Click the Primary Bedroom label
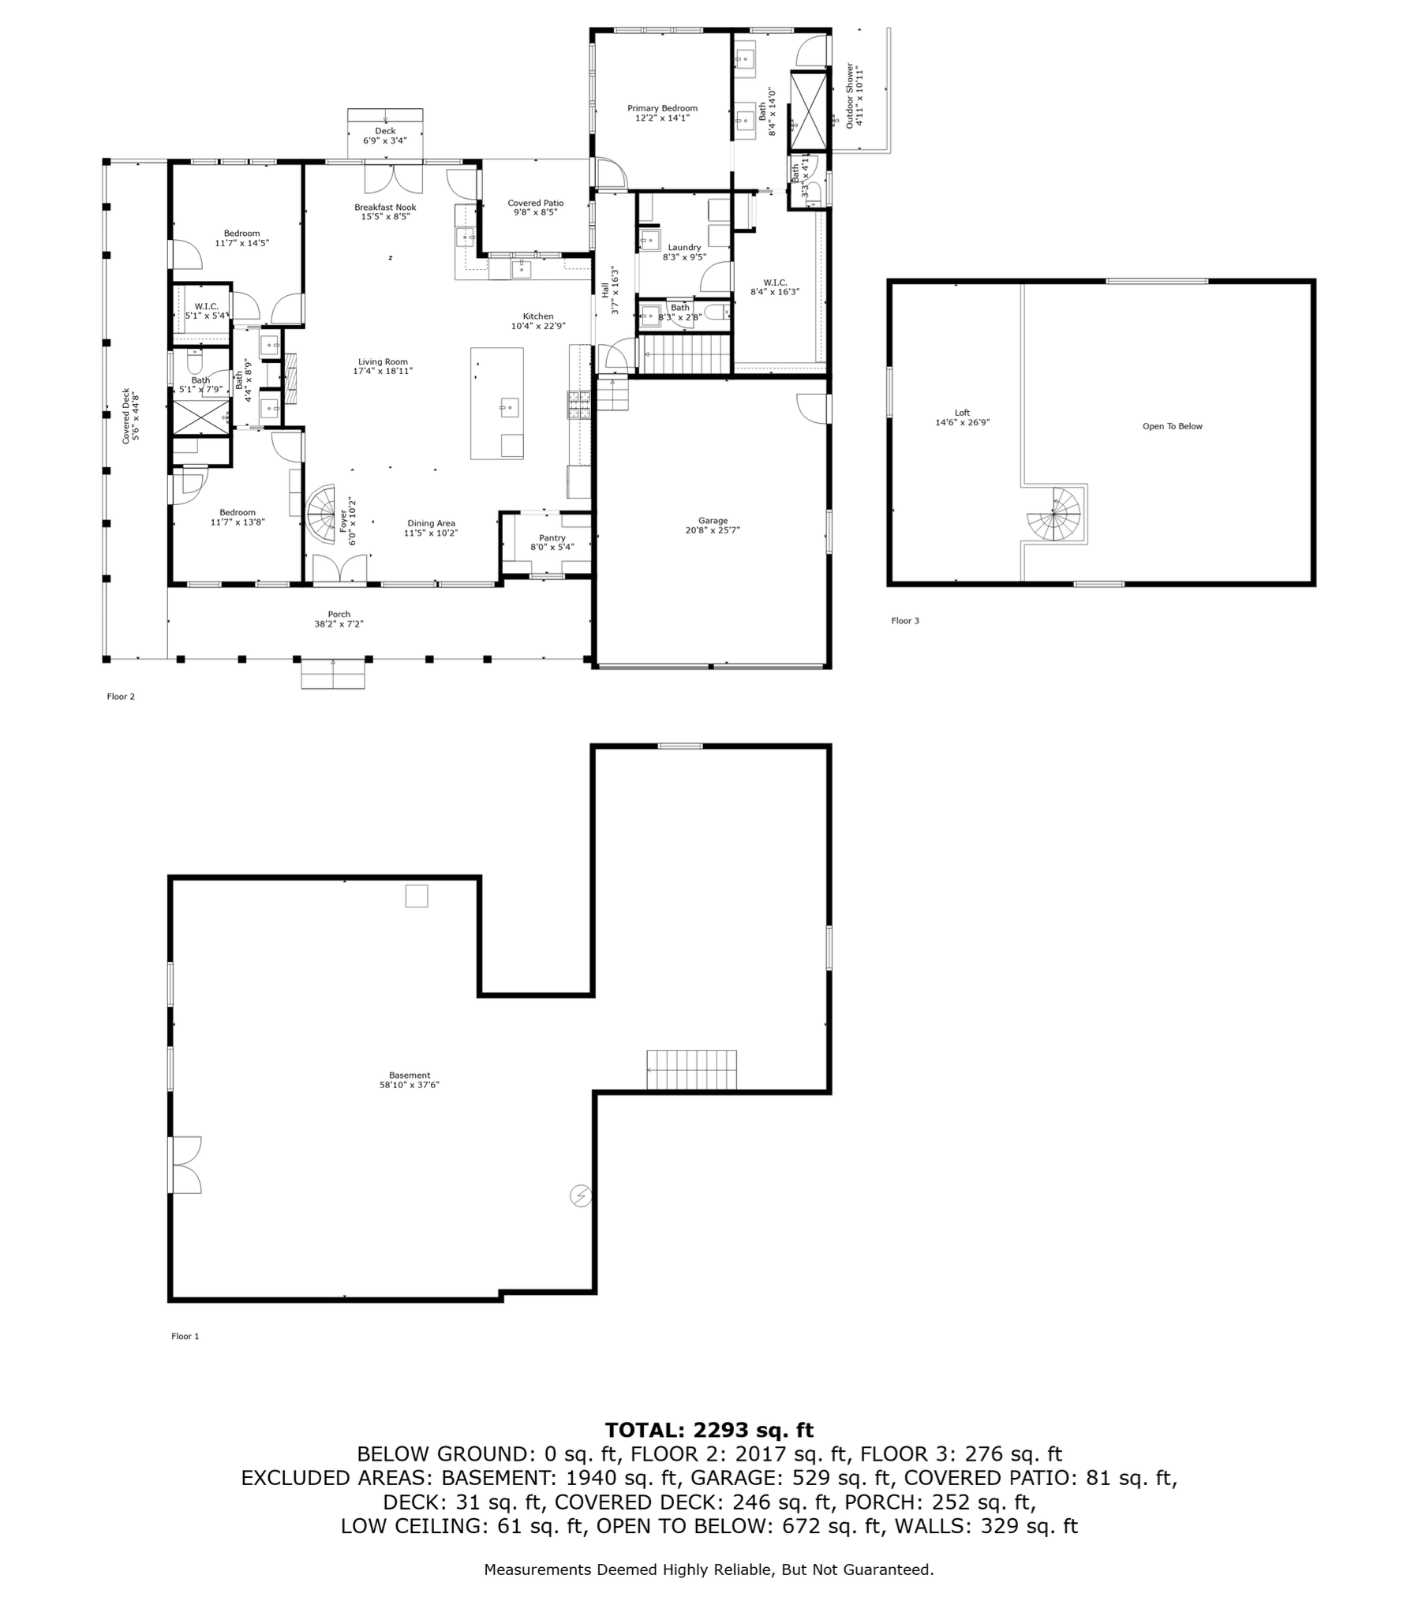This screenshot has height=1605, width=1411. pos(662,113)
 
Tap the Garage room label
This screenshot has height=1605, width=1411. pos(713,526)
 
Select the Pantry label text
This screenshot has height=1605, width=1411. pos(552,542)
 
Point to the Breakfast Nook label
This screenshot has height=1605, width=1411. pos(385,211)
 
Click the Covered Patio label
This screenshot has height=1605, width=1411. pos(536,208)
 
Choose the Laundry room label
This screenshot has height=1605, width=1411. pos(684,252)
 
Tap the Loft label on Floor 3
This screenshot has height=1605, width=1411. pos(962,417)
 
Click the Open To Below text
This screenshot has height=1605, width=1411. pos(1172,426)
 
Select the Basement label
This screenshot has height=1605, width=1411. pos(410,1079)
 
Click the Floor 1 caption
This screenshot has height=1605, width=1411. pos(185,1336)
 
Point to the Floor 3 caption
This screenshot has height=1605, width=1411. pos(905,620)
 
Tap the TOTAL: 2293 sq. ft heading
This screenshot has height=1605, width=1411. pos(709,1430)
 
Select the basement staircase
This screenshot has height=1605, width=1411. pos(691,1070)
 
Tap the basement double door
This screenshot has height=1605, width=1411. pos(186,1164)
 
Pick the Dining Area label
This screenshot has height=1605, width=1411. pos(431,528)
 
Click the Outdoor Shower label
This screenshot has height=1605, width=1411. pos(855,95)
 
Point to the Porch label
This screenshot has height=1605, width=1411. pos(339,619)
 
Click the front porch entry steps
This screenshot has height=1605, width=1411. pos(333,674)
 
